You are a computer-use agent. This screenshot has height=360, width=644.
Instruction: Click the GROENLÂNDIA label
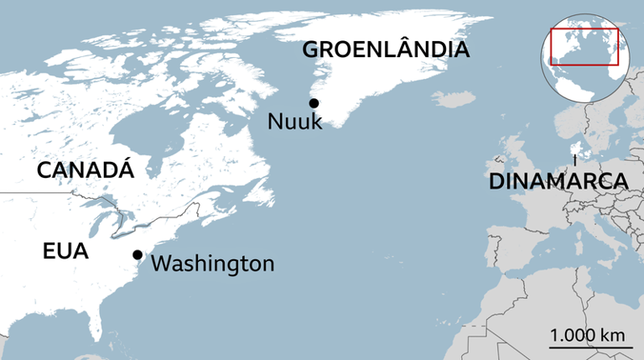(x=386, y=50)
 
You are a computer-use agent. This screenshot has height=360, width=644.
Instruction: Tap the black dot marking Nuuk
(x=314, y=103)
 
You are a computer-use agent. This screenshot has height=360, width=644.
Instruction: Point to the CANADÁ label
(x=86, y=170)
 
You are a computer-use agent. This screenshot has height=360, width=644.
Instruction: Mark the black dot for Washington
(x=138, y=254)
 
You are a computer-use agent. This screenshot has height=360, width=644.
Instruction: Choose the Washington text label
(x=213, y=263)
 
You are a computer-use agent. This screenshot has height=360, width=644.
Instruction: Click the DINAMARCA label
(x=558, y=181)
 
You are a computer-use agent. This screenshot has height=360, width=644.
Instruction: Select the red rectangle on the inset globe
(x=584, y=47)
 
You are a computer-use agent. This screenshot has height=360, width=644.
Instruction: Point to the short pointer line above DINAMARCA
(x=574, y=159)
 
